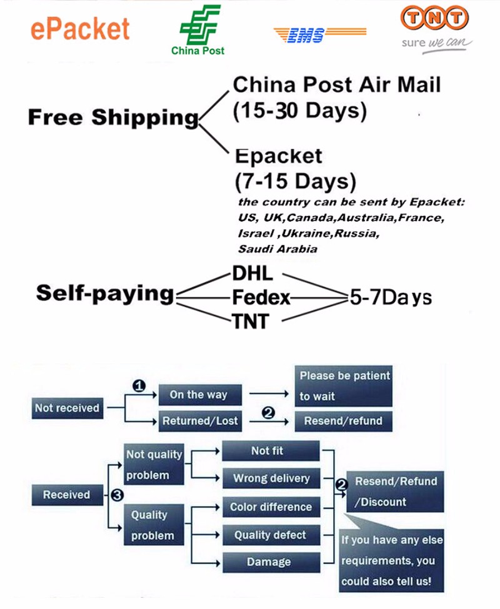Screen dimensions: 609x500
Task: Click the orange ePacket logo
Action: [x=81, y=29]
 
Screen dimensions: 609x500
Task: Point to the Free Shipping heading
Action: [x=113, y=117]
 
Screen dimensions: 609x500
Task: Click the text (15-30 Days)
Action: [x=299, y=111]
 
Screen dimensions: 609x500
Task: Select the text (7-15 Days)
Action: [x=296, y=182]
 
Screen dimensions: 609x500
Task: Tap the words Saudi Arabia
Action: [x=277, y=249]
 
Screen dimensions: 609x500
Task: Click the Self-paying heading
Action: [x=104, y=292]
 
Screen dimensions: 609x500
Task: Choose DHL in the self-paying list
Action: [x=252, y=274]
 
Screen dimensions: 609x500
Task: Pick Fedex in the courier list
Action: [x=261, y=298]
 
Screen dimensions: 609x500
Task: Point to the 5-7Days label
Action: [x=390, y=297]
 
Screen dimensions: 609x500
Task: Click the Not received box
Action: [x=67, y=408]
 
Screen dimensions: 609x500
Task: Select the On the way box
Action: [x=198, y=395]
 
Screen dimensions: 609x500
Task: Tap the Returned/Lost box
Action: [x=200, y=421]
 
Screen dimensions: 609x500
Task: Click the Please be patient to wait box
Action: [x=344, y=386]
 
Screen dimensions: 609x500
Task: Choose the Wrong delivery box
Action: [x=271, y=478]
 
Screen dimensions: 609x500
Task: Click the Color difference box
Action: [x=271, y=507]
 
